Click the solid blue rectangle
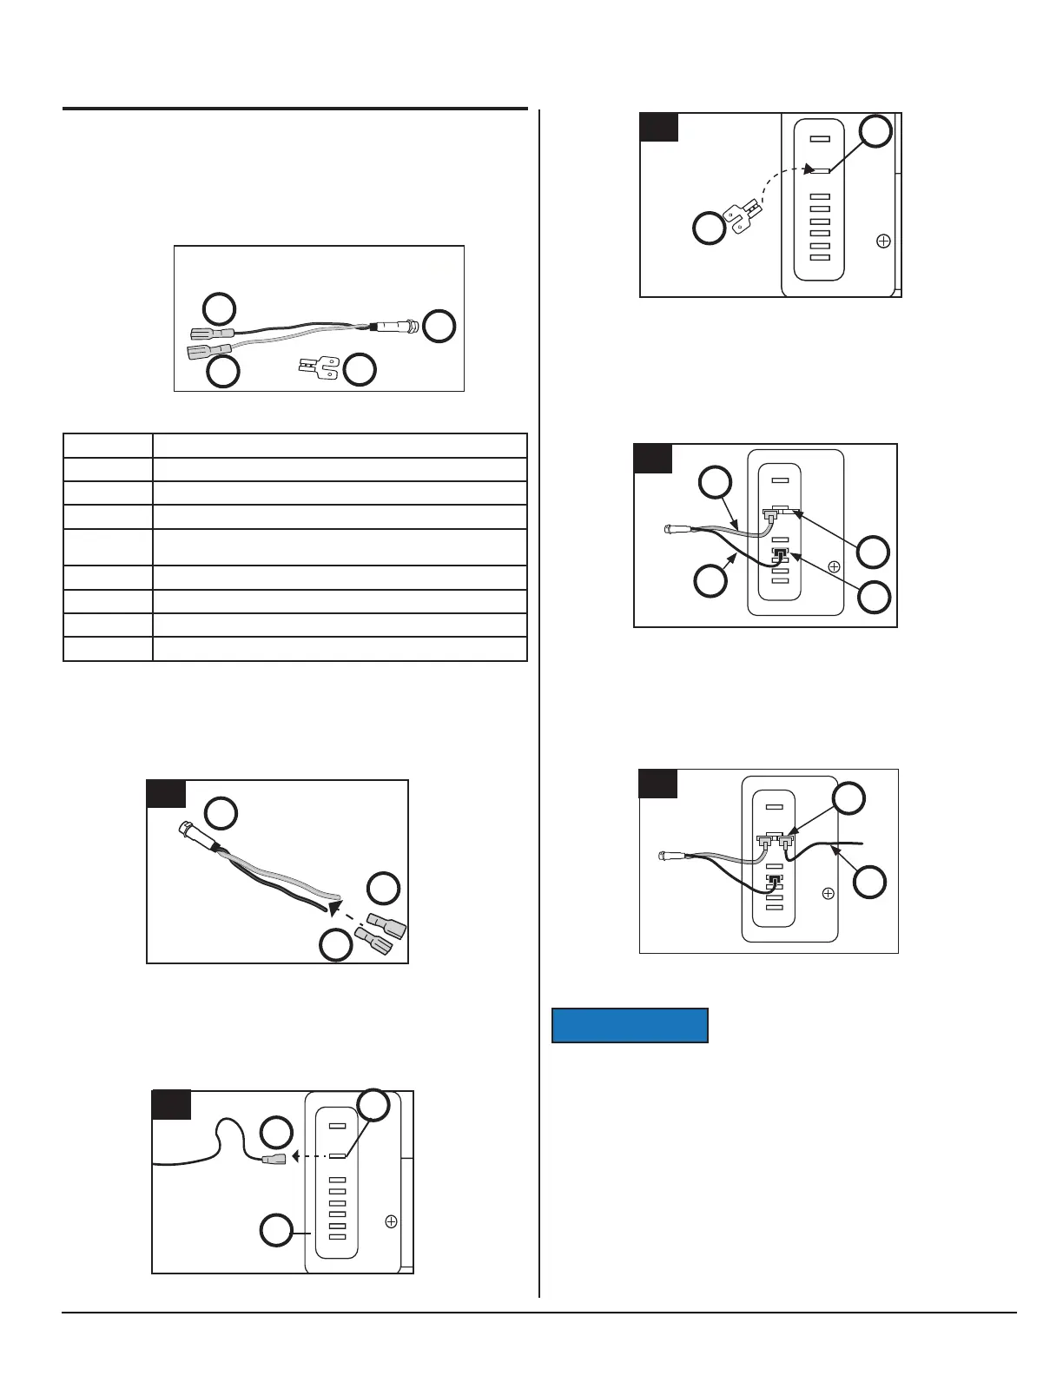pyautogui.click(x=631, y=1025)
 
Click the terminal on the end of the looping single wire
pyautogui.click(x=273, y=1158)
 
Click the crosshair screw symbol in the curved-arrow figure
pyautogui.click(x=883, y=241)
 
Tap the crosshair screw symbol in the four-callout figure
pyautogui.click(x=834, y=566)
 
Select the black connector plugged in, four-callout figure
pyautogui.click(x=779, y=557)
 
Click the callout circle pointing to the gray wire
pyautogui.click(x=715, y=484)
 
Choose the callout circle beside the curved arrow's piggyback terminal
pyautogui.click(x=710, y=228)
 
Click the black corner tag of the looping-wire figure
pyautogui.click(x=171, y=1105)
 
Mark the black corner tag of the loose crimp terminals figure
pyautogui.click(x=166, y=794)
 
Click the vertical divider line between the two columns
pyautogui.click(x=539, y=695)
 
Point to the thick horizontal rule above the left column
pyautogui.click(x=295, y=109)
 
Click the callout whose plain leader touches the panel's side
pyautogui.click(x=277, y=1230)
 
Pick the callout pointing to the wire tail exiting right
pyautogui.click(x=869, y=883)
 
